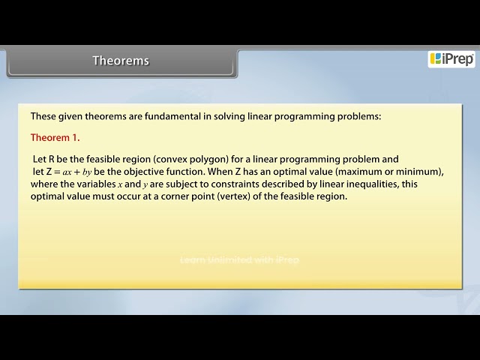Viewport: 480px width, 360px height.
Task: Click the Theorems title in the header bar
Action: coord(121,61)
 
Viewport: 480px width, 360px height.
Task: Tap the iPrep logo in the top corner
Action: coord(451,59)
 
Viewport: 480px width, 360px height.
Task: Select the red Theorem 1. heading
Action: coord(55,138)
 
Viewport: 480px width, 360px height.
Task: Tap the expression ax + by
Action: coord(76,172)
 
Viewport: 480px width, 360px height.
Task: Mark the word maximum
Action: coord(361,172)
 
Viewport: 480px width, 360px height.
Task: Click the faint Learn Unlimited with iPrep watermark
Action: coord(239,259)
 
